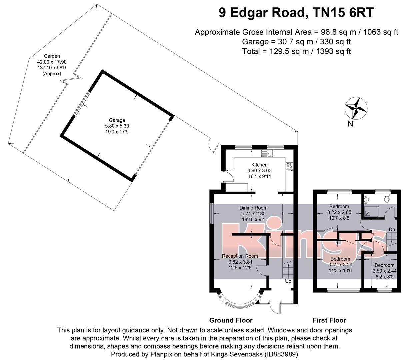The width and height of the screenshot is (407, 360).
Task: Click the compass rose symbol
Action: [356, 108]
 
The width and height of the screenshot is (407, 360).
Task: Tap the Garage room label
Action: [117, 120]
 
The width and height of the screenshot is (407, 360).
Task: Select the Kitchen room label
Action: [259, 165]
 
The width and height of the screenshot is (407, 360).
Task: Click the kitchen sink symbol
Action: [267, 154]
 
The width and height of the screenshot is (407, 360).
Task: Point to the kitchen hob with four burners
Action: [289, 165]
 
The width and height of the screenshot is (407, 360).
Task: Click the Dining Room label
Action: [253, 208]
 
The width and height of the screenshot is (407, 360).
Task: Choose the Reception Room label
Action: [240, 256]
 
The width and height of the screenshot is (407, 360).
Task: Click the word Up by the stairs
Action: [288, 281]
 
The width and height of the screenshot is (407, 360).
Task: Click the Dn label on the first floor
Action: [392, 229]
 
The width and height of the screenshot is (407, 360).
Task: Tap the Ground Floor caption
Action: [231, 320]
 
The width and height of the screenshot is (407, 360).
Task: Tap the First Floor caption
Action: [329, 320]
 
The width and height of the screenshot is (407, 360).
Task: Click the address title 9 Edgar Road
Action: [296, 13]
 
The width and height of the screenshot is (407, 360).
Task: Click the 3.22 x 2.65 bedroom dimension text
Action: [339, 212]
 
